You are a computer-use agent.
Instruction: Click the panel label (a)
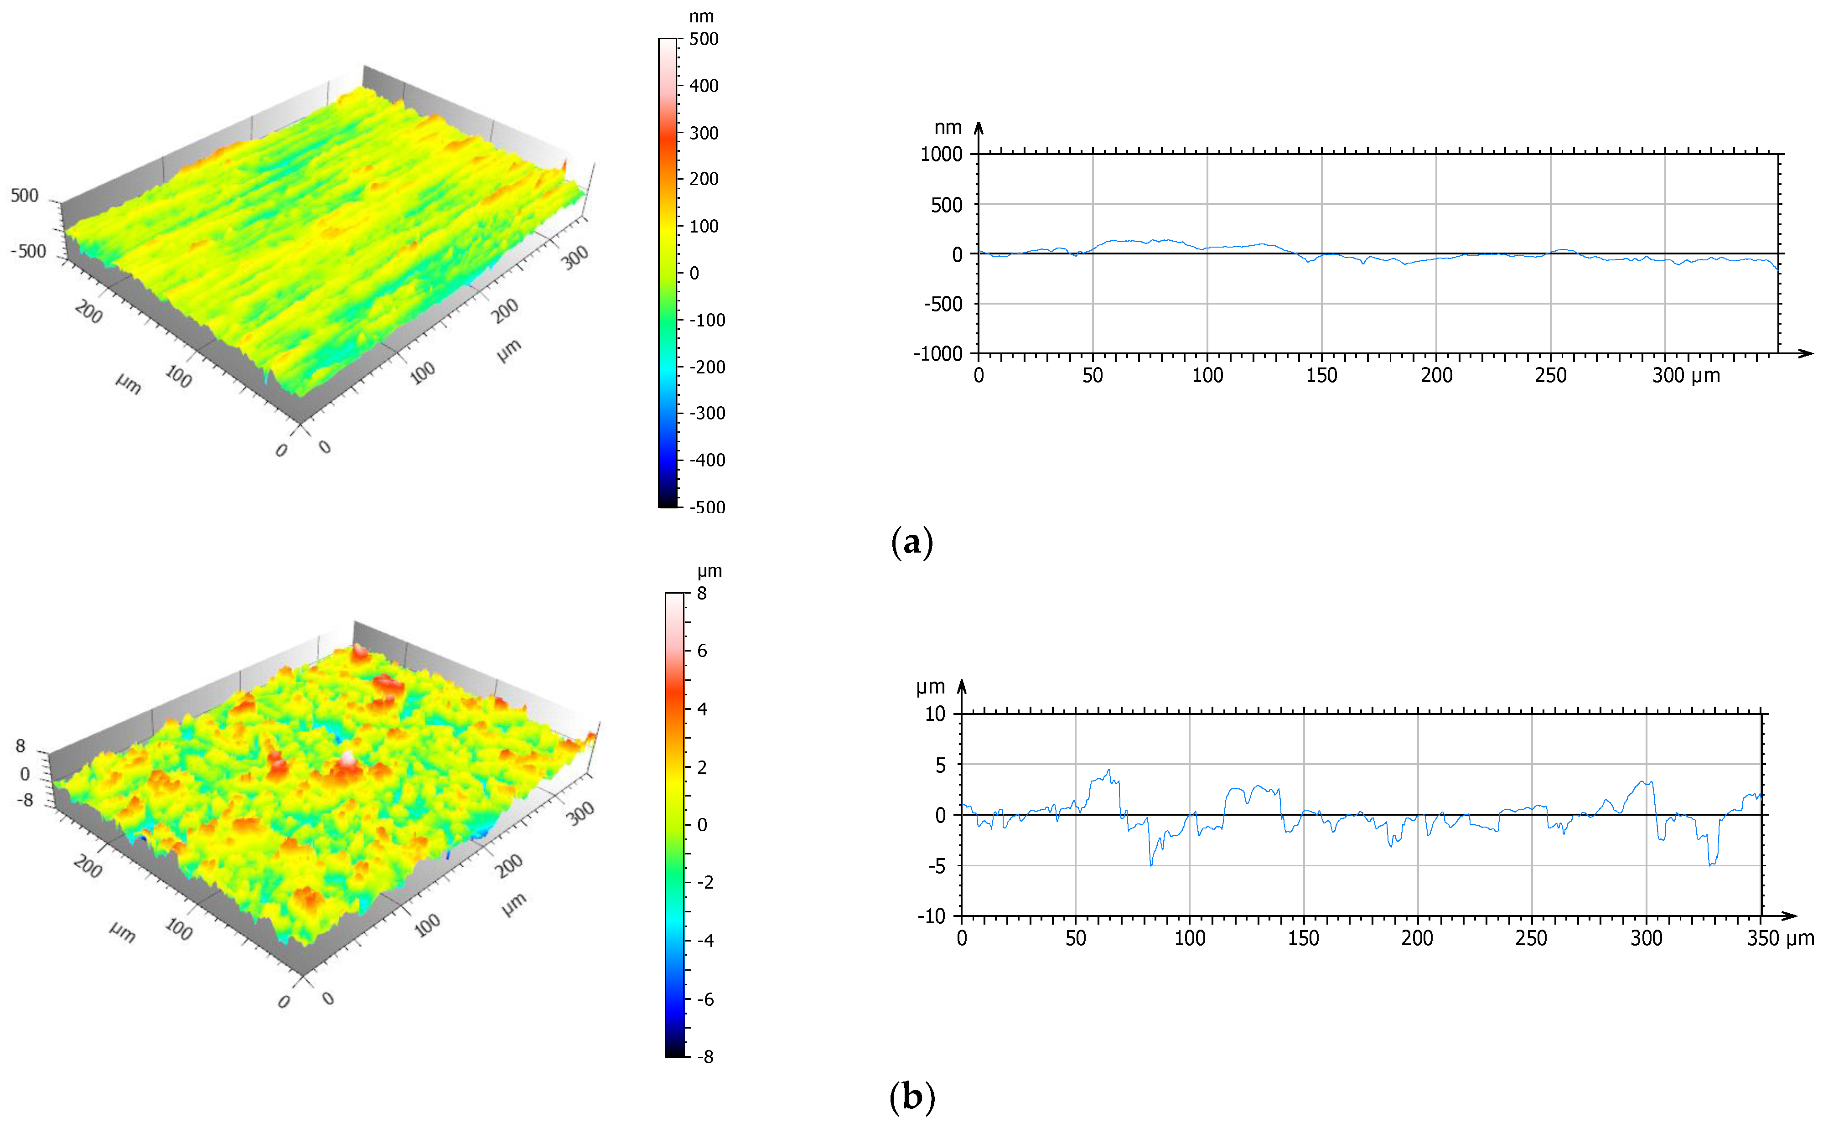(x=911, y=543)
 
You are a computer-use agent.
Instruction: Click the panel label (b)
(x=911, y=1097)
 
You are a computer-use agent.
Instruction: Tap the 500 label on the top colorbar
(x=704, y=39)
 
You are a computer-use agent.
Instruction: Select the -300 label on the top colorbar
(x=706, y=413)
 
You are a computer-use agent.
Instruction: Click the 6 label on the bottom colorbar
(x=702, y=651)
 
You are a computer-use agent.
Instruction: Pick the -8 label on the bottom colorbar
(x=704, y=1056)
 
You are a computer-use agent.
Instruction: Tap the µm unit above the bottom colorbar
(x=710, y=571)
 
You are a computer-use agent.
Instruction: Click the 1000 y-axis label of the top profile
(x=941, y=155)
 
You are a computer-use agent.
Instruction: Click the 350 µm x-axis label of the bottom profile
(x=1780, y=938)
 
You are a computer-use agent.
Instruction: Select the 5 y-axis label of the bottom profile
(x=940, y=765)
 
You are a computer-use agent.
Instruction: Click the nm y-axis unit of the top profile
(x=948, y=128)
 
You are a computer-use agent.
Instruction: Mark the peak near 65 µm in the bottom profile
(x=1108, y=771)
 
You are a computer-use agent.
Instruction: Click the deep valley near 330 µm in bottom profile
(x=1711, y=864)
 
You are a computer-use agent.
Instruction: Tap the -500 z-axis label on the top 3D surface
(x=28, y=251)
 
